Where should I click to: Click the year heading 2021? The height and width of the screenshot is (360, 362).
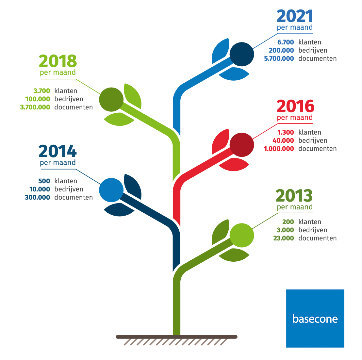[295, 16]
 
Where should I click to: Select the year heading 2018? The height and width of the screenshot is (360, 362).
[58, 61]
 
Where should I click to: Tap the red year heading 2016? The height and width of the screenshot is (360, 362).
[295, 106]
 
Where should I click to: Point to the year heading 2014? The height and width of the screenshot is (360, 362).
[58, 151]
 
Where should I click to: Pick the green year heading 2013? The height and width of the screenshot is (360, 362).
[294, 196]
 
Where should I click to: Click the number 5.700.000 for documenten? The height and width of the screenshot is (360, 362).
[279, 58]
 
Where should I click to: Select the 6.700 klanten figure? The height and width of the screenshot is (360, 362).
[286, 42]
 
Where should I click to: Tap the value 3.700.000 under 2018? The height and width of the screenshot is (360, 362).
[35, 107]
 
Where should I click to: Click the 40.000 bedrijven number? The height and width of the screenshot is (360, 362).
[283, 140]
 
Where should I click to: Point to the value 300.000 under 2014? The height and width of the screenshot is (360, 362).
[37, 198]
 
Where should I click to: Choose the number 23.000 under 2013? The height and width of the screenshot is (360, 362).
[284, 238]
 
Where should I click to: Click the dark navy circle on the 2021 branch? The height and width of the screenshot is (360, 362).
[242, 54]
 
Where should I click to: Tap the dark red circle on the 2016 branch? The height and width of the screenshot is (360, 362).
[242, 145]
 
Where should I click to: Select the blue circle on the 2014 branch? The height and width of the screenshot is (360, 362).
[111, 190]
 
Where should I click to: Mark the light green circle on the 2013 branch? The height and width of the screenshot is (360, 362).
[242, 236]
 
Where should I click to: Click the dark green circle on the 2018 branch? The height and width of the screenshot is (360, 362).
[111, 99]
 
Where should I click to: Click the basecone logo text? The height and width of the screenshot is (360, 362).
[315, 319]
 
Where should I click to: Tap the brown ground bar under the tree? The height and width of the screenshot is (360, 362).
[177, 337]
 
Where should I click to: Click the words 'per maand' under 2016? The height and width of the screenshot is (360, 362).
[295, 118]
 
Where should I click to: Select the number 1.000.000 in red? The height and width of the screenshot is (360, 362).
[279, 149]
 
